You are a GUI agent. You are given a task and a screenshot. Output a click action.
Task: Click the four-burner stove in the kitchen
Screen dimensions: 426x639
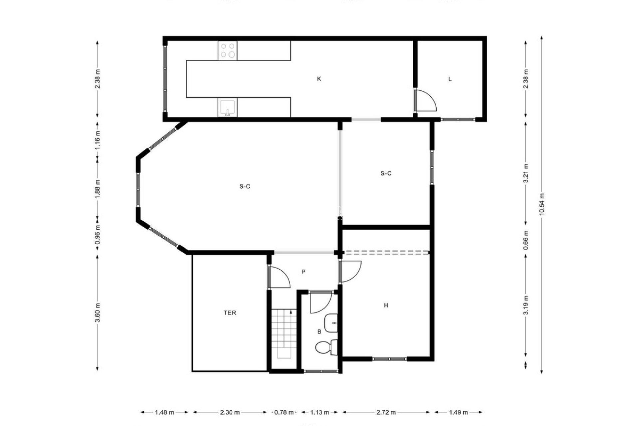[x=228, y=51]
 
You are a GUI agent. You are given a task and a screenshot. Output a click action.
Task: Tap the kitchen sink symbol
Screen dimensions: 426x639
[x=228, y=107]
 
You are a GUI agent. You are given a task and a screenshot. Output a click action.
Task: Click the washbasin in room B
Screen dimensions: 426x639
[x=331, y=323]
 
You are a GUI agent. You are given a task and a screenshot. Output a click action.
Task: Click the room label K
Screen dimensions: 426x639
[x=319, y=79]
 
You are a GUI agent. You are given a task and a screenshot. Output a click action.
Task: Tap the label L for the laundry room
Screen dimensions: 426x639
[x=450, y=79]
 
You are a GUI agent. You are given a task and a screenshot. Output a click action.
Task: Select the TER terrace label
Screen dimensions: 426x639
[x=230, y=313]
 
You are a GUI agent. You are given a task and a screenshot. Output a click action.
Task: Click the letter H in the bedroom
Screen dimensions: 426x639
[x=386, y=305]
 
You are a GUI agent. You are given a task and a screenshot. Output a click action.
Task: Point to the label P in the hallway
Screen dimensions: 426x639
[x=303, y=272]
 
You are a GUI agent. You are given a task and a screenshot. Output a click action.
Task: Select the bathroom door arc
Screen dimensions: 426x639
[x=320, y=303]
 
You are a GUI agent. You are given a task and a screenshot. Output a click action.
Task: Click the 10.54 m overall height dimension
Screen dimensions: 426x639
[x=541, y=204]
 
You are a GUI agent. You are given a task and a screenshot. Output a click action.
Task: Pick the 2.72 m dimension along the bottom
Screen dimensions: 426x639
[x=386, y=412]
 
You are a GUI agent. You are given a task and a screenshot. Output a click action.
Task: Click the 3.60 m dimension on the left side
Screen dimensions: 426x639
[x=98, y=313]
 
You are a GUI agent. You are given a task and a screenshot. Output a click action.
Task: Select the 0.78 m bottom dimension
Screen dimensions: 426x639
[x=284, y=412]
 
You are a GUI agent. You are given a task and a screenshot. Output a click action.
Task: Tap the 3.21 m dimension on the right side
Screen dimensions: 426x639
[x=526, y=173]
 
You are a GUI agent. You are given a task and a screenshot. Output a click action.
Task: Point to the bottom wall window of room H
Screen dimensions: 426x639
[x=389, y=359]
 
